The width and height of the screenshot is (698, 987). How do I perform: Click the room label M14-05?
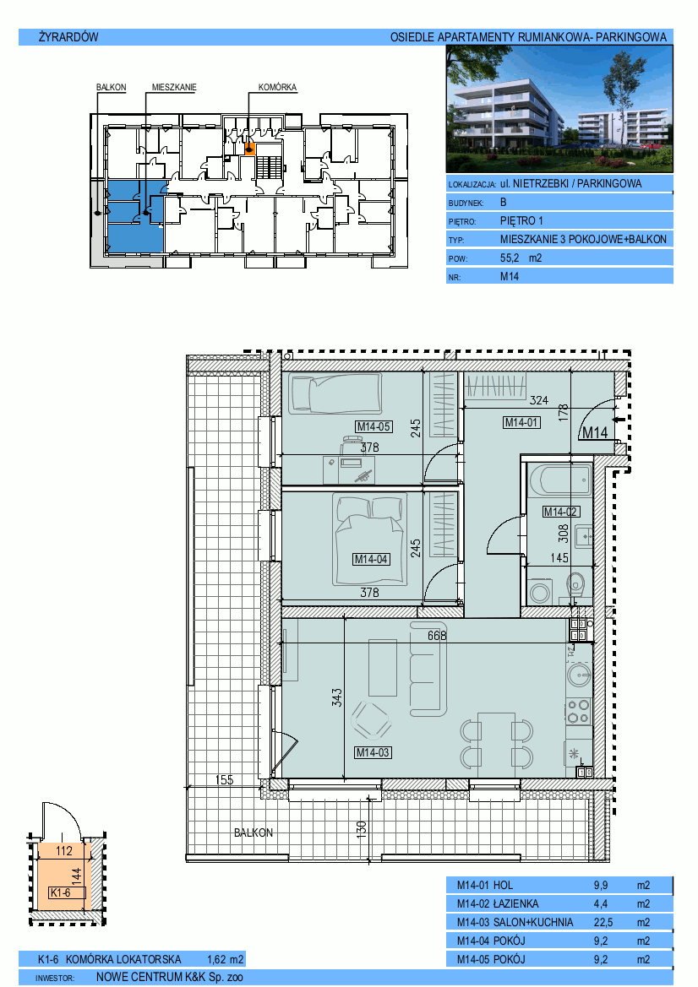pyautogui.click(x=374, y=426)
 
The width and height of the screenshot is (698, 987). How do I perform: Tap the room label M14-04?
pyautogui.click(x=370, y=559)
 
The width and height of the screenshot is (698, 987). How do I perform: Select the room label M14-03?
pyautogui.click(x=373, y=752)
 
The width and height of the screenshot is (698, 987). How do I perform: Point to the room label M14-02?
pyautogui.click(x=560, y=512)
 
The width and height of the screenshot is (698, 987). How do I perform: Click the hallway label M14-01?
pyautogui.click(x=521, y=423)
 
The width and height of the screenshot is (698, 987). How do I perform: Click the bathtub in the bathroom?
pyautogui.click(x=560, y=481)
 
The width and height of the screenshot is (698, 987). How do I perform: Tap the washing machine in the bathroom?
pyautogui.click(x=540, y=593)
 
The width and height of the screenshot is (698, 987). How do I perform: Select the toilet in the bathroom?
pyautogui.click(x=575, y=585)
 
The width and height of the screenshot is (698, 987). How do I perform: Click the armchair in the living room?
pyautogui.click(x=372, y=720)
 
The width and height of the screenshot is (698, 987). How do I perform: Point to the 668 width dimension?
pyautogui.click(x=437, y=636)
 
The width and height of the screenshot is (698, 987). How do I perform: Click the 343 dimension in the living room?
pyautogui.click(x=337, y=697)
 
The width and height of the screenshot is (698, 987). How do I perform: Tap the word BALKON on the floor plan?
pyautogui.click(x=254, y=832)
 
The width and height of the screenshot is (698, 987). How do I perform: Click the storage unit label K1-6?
pyautogui.click(x=61, y=892)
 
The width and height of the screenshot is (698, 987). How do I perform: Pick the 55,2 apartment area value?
pyautogui.click(x=510, y=258)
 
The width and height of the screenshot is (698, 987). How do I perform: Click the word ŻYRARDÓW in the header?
pyautogui.click(x=68, y=37)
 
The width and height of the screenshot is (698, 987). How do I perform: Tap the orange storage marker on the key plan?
pyautogui.click(x=249, y=149)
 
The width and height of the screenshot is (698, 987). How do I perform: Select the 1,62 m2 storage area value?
pyautogui.click(x=225, y=960)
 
